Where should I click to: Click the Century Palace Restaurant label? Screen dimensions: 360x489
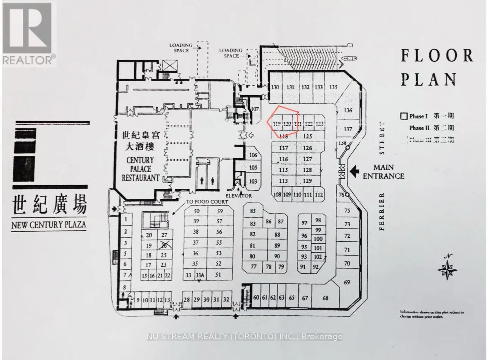point(140,169)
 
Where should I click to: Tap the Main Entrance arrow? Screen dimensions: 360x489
point(354,171)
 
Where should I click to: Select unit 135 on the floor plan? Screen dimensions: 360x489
point(333,87)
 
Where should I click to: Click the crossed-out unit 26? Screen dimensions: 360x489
point(164,245)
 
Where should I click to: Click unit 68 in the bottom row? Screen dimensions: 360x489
point(325,298)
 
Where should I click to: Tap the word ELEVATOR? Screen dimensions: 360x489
point(239,196)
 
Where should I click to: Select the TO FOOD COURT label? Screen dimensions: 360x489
point(207,202)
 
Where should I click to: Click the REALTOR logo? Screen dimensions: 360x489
point(28,33)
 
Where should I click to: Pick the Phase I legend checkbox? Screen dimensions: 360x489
point(404,116)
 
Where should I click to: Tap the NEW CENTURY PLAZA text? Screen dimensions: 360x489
point(49,225)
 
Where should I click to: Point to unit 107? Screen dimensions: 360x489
point(255,109)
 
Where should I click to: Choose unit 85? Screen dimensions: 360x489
point(253,211)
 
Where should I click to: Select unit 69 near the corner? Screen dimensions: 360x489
point(347,282)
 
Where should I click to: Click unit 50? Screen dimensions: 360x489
point(196,211)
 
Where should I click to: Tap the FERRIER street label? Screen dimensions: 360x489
point(381,211)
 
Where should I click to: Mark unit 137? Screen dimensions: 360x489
point(348,129)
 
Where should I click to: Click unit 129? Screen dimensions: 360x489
point(307,181)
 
